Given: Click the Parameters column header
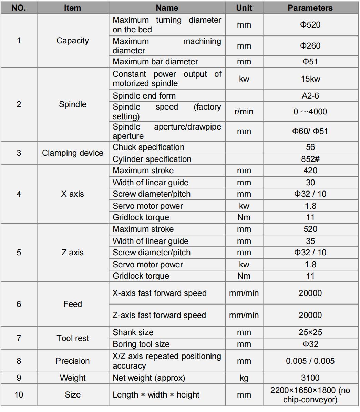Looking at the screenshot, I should [x=310, y=8].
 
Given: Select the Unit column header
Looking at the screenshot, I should [x=244, y=8].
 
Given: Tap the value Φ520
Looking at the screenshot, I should [x=310, y=25].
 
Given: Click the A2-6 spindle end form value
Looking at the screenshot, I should [x=310, y=96].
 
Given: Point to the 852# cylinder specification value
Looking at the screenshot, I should [x=310, y=159].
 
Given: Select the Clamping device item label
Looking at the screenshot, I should [x=73, y=153].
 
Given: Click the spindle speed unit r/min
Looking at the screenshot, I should [x=244, y=112].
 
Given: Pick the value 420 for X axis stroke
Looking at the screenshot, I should [x=310, y=171].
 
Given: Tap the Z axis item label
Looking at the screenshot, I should [x=73, y=253].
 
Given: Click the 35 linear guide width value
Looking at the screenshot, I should [x=310, y=241].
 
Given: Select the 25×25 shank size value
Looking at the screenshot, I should [x=310, y=332].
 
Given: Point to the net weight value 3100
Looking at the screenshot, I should [x=310, y=378].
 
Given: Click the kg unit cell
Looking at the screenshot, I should [x=244, y=378].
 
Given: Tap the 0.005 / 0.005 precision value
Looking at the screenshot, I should [x=310, y=361].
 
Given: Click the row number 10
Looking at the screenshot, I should [x=19, y=394].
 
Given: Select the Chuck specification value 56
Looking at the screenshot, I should [x=310, y=147].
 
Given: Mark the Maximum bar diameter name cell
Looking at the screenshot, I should [x=155, y=62].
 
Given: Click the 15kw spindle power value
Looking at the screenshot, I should [x=310, y=79].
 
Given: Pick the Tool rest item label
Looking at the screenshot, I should [x=73, y=338].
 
